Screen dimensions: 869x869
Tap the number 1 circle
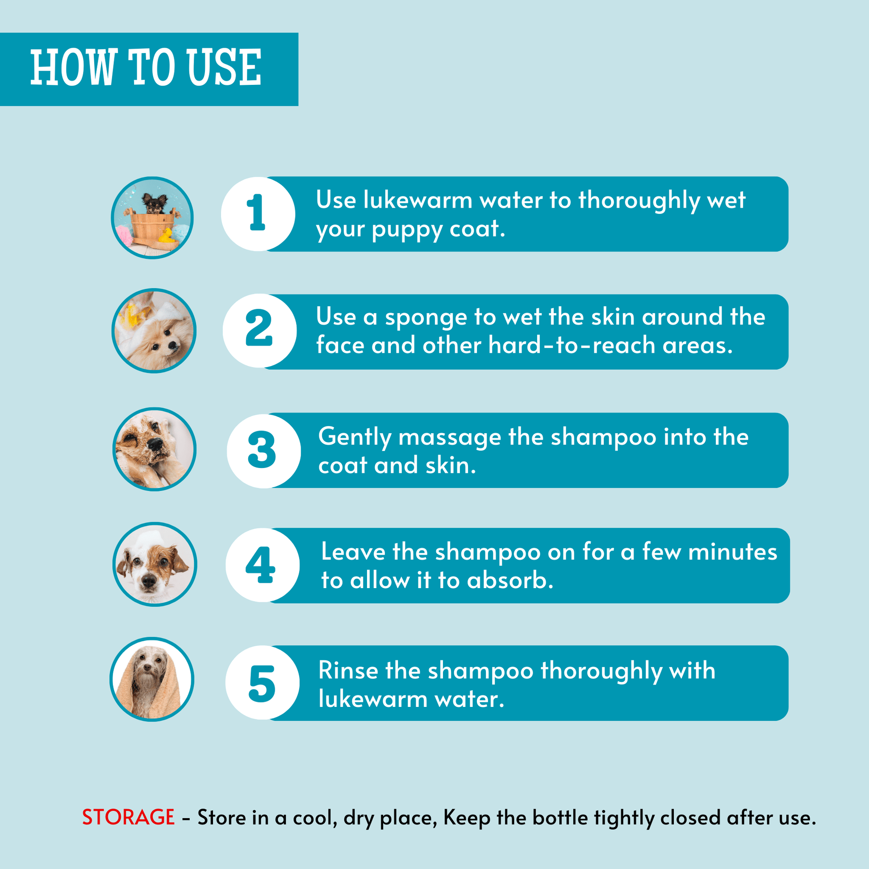click(258, 214)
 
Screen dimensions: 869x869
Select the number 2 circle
click(259, 330)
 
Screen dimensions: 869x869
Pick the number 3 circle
click(263, 451)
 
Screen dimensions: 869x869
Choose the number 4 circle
click(263, 565)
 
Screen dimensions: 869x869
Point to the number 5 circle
click(263, 683)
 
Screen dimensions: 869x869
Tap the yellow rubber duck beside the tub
click(166, 235)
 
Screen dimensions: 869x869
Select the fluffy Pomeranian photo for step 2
click(154, 330)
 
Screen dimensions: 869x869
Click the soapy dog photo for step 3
click(154, 449)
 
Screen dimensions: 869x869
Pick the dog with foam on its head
click(154, 564)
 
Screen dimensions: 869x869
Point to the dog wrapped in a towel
click(152, 679)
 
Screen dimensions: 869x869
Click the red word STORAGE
click(128, 817)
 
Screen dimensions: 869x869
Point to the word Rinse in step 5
click(348, 671)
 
